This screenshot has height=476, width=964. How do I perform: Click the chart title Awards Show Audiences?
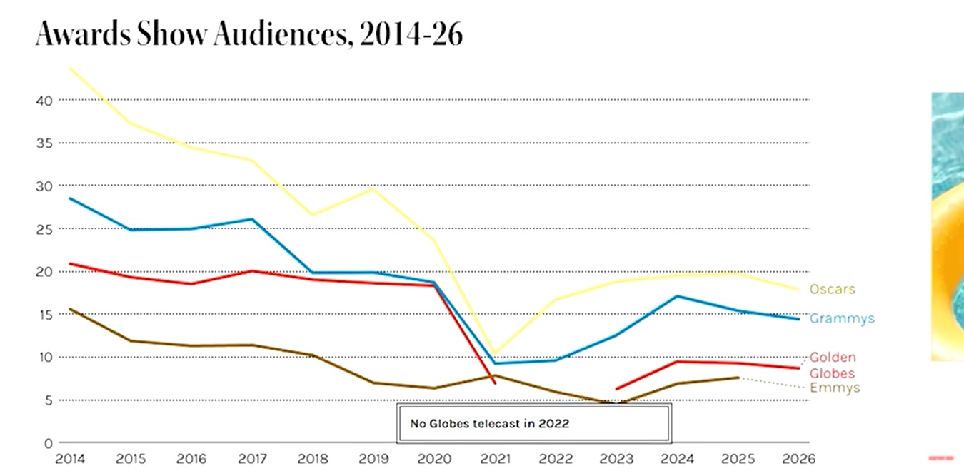click(249, 34)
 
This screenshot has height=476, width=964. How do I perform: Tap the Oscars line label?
click(832, 290)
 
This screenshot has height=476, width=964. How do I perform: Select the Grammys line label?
click(842, 319)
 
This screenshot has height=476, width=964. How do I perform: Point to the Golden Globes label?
click(833, 365)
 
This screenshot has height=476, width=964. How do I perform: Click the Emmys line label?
click(835, 388)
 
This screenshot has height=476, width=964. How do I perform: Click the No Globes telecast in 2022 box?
click(533, 423)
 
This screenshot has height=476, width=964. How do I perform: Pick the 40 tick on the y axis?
click(44, 101)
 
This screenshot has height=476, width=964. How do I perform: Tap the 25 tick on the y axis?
click(44, 229)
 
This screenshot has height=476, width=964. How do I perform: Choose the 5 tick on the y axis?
click(49, 400)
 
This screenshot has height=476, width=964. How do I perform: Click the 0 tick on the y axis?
click(49, 443)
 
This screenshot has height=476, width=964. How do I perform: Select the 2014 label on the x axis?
click(69, 458)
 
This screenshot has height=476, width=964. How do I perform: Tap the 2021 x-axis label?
click(496, 458)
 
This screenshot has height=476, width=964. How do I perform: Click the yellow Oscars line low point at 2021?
click(496, 353)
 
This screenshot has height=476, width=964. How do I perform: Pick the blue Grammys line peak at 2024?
click(677, 296)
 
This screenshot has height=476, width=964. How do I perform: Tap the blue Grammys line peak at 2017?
click(253, 219)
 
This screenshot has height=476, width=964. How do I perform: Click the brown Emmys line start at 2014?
click(70, 309)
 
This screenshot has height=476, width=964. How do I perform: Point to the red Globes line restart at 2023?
click(616, 389)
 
